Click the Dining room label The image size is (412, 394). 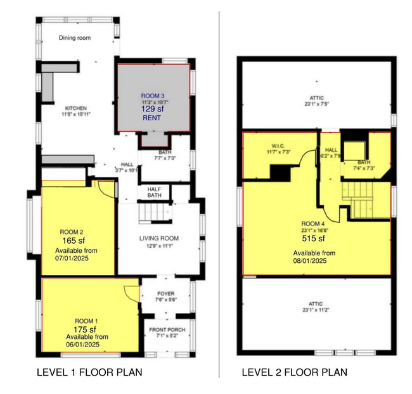tap(75, 38)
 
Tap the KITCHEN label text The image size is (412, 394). tap(75, 108)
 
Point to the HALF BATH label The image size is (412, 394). tap(155, 192)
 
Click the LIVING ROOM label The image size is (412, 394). tap(159, 238)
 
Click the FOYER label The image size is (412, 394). tap(165, 294)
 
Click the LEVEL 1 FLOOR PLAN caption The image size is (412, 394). tap(89, 372)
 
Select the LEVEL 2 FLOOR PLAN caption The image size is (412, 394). tap(294, 372)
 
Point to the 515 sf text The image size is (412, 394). tap(313, 239)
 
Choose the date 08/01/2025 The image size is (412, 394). tap(310, 260)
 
